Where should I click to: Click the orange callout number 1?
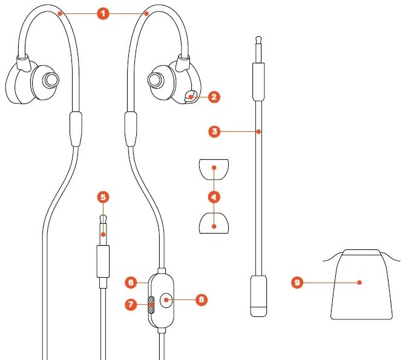pos(103,12)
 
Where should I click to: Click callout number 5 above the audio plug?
pos(103,197)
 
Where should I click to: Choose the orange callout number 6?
pos(130,282)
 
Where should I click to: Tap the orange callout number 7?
pos(130,304)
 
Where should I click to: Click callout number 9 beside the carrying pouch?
pos(297,283)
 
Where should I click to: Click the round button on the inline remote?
pos(166,299)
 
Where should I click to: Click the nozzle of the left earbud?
pos(49,79)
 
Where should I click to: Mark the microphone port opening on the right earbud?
pos(191,95)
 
